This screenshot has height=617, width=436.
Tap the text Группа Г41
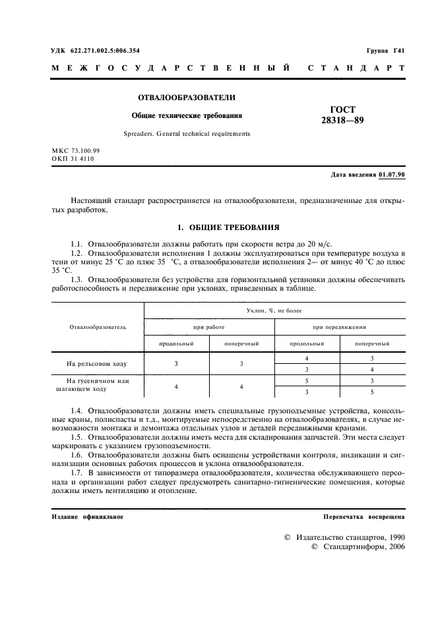[x=385, y=51]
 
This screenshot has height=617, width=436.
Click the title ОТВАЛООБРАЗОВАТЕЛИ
[x=187, y=98]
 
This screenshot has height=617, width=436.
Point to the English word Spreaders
[x=139, y=134]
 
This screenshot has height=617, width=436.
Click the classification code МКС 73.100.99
[x=75, y=151]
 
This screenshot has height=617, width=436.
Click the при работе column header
[x=208, y=326]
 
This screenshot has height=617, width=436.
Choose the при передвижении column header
[x=339, y=326]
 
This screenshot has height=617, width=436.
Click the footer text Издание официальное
[x=87, y=517]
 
